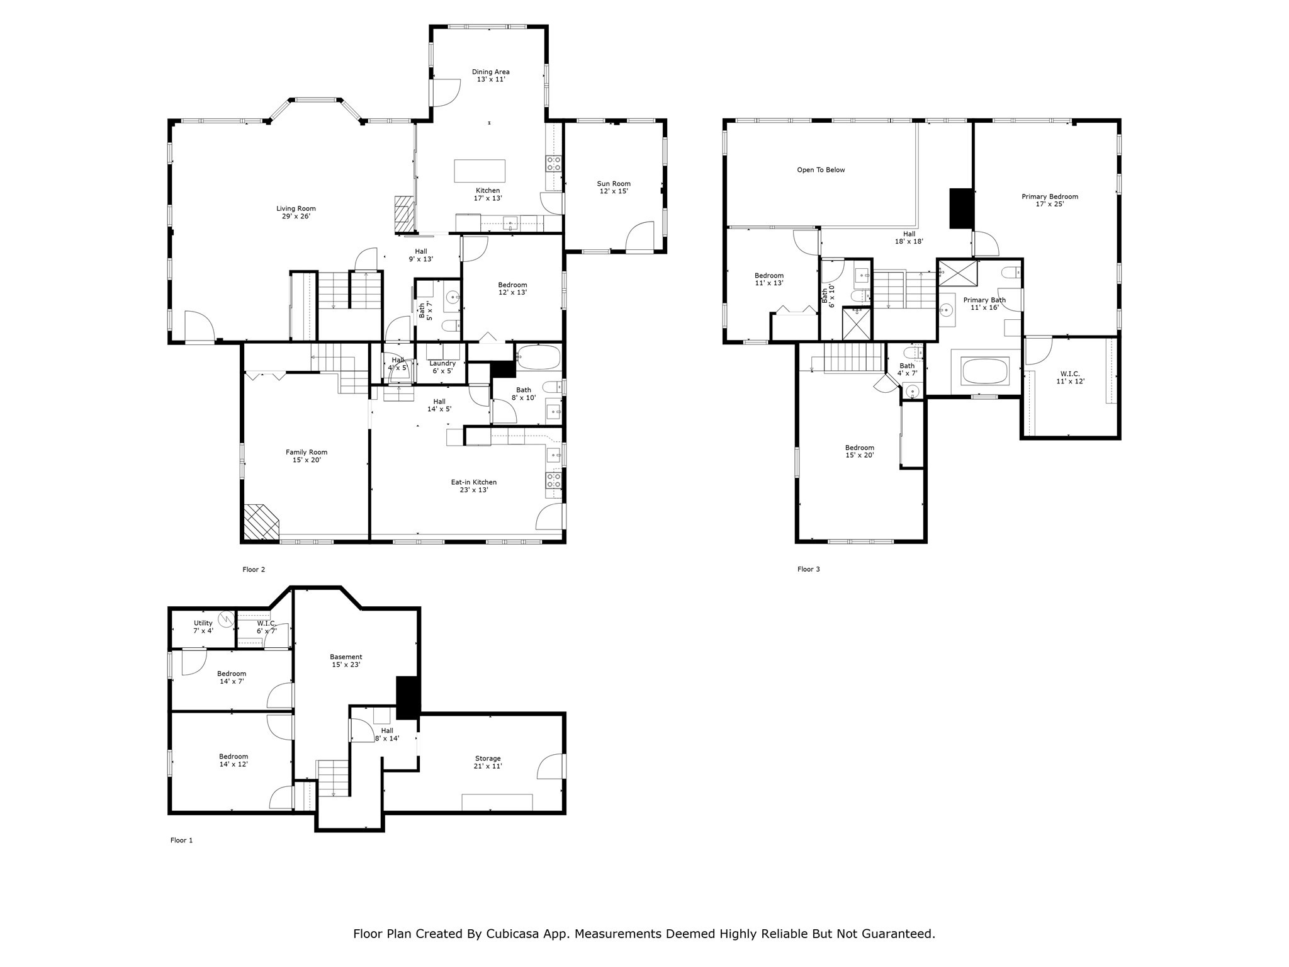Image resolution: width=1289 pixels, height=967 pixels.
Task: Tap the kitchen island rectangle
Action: pyautogui.click(x=480, y=171)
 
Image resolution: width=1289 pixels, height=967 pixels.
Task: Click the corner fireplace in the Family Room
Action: pyautogui.click(x=260, y=522)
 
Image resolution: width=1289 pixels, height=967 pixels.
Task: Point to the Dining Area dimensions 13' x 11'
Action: pyautogui.click(x=491, y=80)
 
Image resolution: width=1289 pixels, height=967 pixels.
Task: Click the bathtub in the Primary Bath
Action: pyautogui.click(x=986, y=371)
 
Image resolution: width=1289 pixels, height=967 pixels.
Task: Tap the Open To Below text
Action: pyautogui.click(x=821, y=170)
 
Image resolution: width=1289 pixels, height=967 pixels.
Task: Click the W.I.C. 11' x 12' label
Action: pyautogui.click(x=1070, y=377)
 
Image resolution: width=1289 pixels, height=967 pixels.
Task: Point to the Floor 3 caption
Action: pyautogui.click(x=808, y=569)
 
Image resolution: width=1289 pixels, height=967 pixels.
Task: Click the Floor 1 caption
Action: pyautogui.click(x=181, y=840)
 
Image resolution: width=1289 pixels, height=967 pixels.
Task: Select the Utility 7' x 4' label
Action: pyautogui.click(x=203, y=626)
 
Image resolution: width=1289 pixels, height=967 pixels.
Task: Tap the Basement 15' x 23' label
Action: pyautogui.click(x=346, y=660)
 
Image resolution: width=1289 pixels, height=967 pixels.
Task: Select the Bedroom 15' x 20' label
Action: pyautogui.click(x=859, y=451)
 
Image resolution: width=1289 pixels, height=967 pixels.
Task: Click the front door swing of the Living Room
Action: pyautogui.click(x=200, y=327)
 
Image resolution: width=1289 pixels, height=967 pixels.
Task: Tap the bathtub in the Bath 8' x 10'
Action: pyautogui.click(x=538, y=358)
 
